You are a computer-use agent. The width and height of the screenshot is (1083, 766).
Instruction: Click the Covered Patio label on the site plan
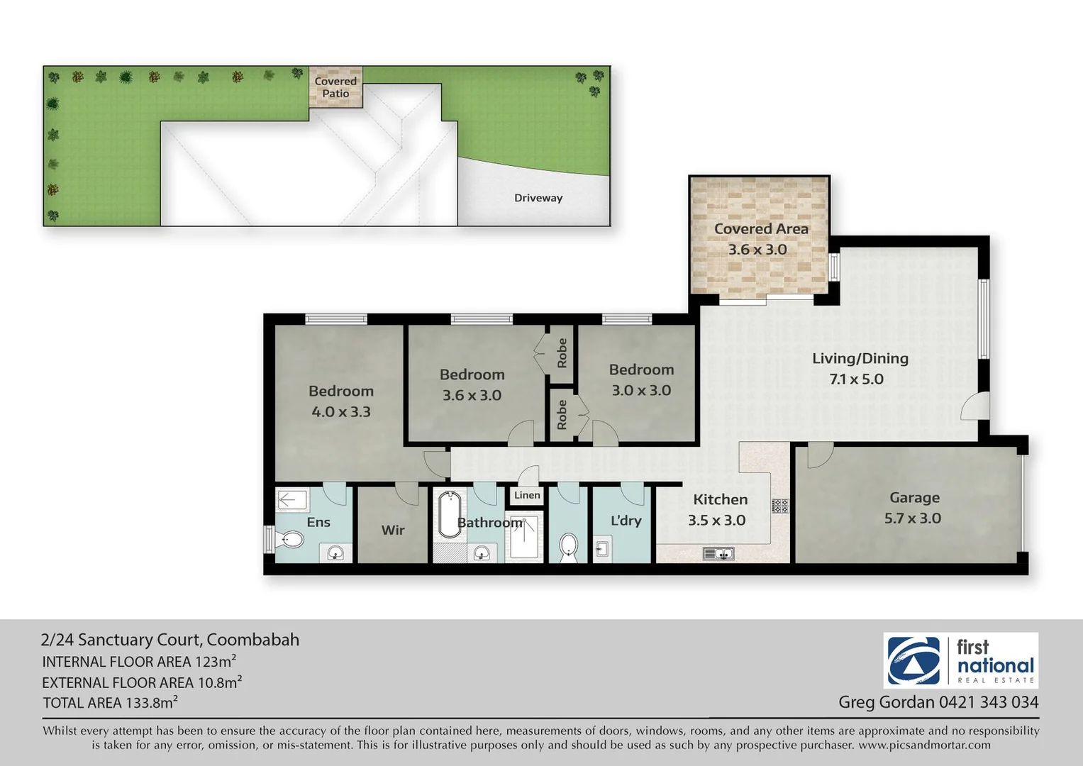[x=335, y=87]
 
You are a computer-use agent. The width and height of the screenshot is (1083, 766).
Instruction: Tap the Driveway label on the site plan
[x=538, y=198]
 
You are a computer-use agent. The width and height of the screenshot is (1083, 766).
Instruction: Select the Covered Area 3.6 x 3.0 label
[x=760, y=239]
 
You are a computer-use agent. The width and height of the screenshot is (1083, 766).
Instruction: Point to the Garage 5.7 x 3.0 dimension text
[x=912, y=518]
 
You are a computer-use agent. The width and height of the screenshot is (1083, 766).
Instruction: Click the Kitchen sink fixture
[x=718, y=553]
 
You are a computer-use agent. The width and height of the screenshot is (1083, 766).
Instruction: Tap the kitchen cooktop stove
[x=780, y=506]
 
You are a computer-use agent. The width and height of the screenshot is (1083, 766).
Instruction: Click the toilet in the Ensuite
[x=291, y=540]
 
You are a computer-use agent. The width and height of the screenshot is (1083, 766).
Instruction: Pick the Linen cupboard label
[x=527, y=495]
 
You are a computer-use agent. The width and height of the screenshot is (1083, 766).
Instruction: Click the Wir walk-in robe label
[x=393, y=530]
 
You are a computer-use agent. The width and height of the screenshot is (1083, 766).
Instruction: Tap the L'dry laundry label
[x=626, y=521]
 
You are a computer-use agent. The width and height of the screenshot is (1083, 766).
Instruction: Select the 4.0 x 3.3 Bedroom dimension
[x=341, y=411]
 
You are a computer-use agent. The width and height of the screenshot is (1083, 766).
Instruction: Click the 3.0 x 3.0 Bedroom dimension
[x=641, y=390]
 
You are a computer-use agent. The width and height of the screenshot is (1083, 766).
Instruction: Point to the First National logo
[x=961, y=660]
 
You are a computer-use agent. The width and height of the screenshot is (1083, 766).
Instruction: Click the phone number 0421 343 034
[x=989, y=702]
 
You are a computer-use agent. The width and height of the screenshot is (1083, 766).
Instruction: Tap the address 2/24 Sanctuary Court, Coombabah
[x=170, y=640]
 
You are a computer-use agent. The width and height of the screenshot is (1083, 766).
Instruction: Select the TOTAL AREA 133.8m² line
[x=110, y=703]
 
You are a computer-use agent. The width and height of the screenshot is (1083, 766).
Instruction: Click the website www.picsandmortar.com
[x=924, y=745]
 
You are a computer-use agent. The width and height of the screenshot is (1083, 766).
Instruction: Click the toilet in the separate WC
[x=568, y=547]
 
